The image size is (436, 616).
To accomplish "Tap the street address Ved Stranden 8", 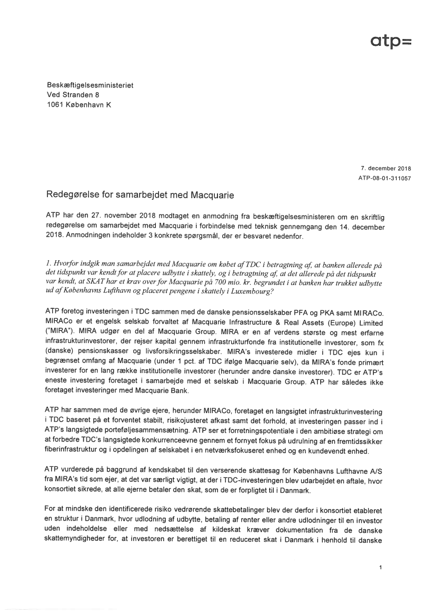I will pos(73,95).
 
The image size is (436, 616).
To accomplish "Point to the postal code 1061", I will pos(56,105).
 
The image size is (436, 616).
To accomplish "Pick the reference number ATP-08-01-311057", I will pos(384,178).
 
